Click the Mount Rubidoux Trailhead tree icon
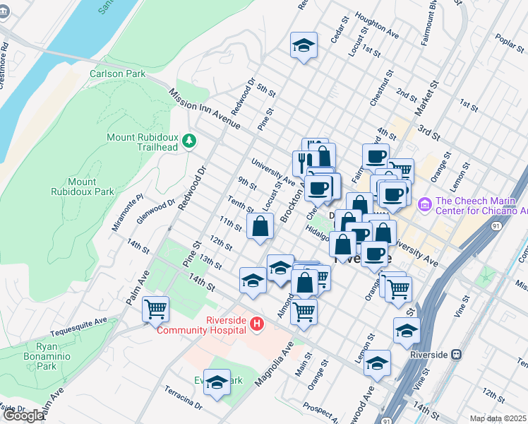pyautogui.click(x=189, y=141)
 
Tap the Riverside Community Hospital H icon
pyautogui.click(x=257, y=324)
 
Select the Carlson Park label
pyautogui.click(x=117, y=73)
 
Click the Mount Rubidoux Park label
pyautogui.click(x=82, y=187)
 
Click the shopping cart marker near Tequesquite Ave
pyautogui.click(x=155, y=309)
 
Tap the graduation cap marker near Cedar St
pyautogui.click(x=304, y=46)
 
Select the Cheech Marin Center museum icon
pyautogui.click(x=424, y=205)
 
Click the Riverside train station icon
pyautogui.click(x=457, y=355)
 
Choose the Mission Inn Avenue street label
pyautogui.click(x=205, y=109)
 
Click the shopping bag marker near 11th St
pyautogui.click(x=260, y=227)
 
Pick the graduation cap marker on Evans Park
pyautogui.click(x=217, y=382)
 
